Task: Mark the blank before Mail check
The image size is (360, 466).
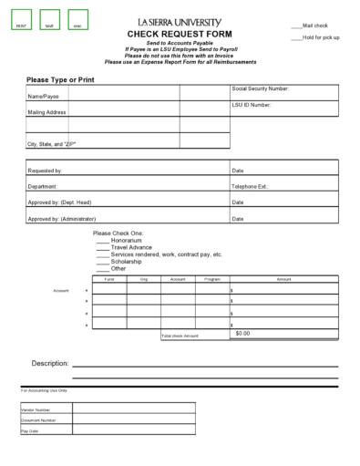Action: [x=296, y=26]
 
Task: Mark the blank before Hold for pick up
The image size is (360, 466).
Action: [x=296, y=37]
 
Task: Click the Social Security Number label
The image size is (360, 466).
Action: [x=261, y=88]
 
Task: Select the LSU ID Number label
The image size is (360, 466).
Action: [x=252, y=105]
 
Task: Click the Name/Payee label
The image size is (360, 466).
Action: [x=43, y=95]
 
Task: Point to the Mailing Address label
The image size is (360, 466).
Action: [x=46, y=112]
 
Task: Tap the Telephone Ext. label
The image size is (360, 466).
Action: [x=251, y=186]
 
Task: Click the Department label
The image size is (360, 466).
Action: [x=43, y=186]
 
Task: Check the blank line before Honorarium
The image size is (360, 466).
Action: [x=103, y=240]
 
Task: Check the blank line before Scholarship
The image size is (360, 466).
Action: [x=103, y=262]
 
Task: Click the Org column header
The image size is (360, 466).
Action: [x=143, y=279]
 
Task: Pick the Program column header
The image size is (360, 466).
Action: [x=212, y=279]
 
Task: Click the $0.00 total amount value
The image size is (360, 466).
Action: [x=242, y=334]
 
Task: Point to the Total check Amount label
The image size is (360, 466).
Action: [x=180, y=337]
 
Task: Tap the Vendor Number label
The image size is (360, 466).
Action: [x=36, y=410]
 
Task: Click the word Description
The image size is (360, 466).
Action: [x=50, y=363]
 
